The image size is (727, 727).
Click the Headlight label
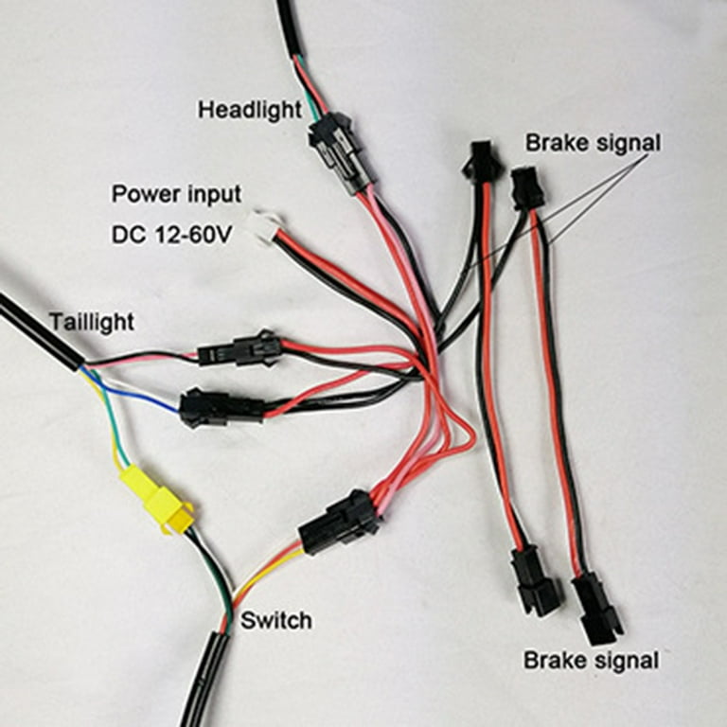pyautogui.click(x=250, y=111)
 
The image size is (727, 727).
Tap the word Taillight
pyautogui.click(x=93, y=322)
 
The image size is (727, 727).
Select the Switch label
pyautogui.click(x=276, y=620)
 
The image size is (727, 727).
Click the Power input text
pyautogui.click(x=177, y=194)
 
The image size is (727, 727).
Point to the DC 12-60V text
pyautogui.click(x=171, y=235)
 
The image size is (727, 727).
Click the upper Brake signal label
pyautogui.click(x=593, y=143)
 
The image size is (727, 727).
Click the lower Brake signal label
pyautogui.click(x=592, y=660)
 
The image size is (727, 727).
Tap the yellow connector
pyautogui.click(x=157, y=500)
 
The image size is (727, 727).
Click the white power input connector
pyautogui.click(x=266, y=224)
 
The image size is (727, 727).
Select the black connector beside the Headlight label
pyautogui.click(x=340, y=152)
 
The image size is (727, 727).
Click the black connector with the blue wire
pyautogui.click(x=222, y=408)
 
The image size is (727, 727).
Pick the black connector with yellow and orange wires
pyautogui.click(x=341, y=523)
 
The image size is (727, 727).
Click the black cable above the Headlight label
pyautogui.click(x=291, y=27)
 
